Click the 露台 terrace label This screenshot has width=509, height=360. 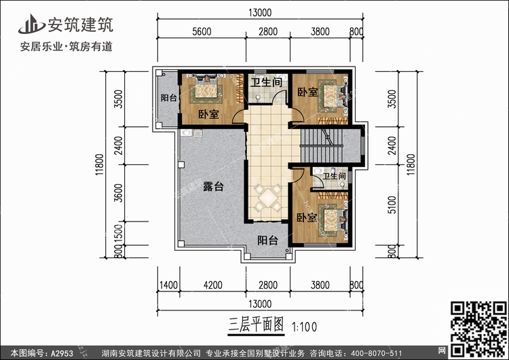click(212, 187)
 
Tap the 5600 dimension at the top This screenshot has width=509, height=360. click(202, 31)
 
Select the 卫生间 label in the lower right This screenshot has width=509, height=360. click(335, 177)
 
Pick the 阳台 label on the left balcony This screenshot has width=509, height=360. click(168, 98)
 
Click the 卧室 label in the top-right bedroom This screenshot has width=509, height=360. click(307, 92)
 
